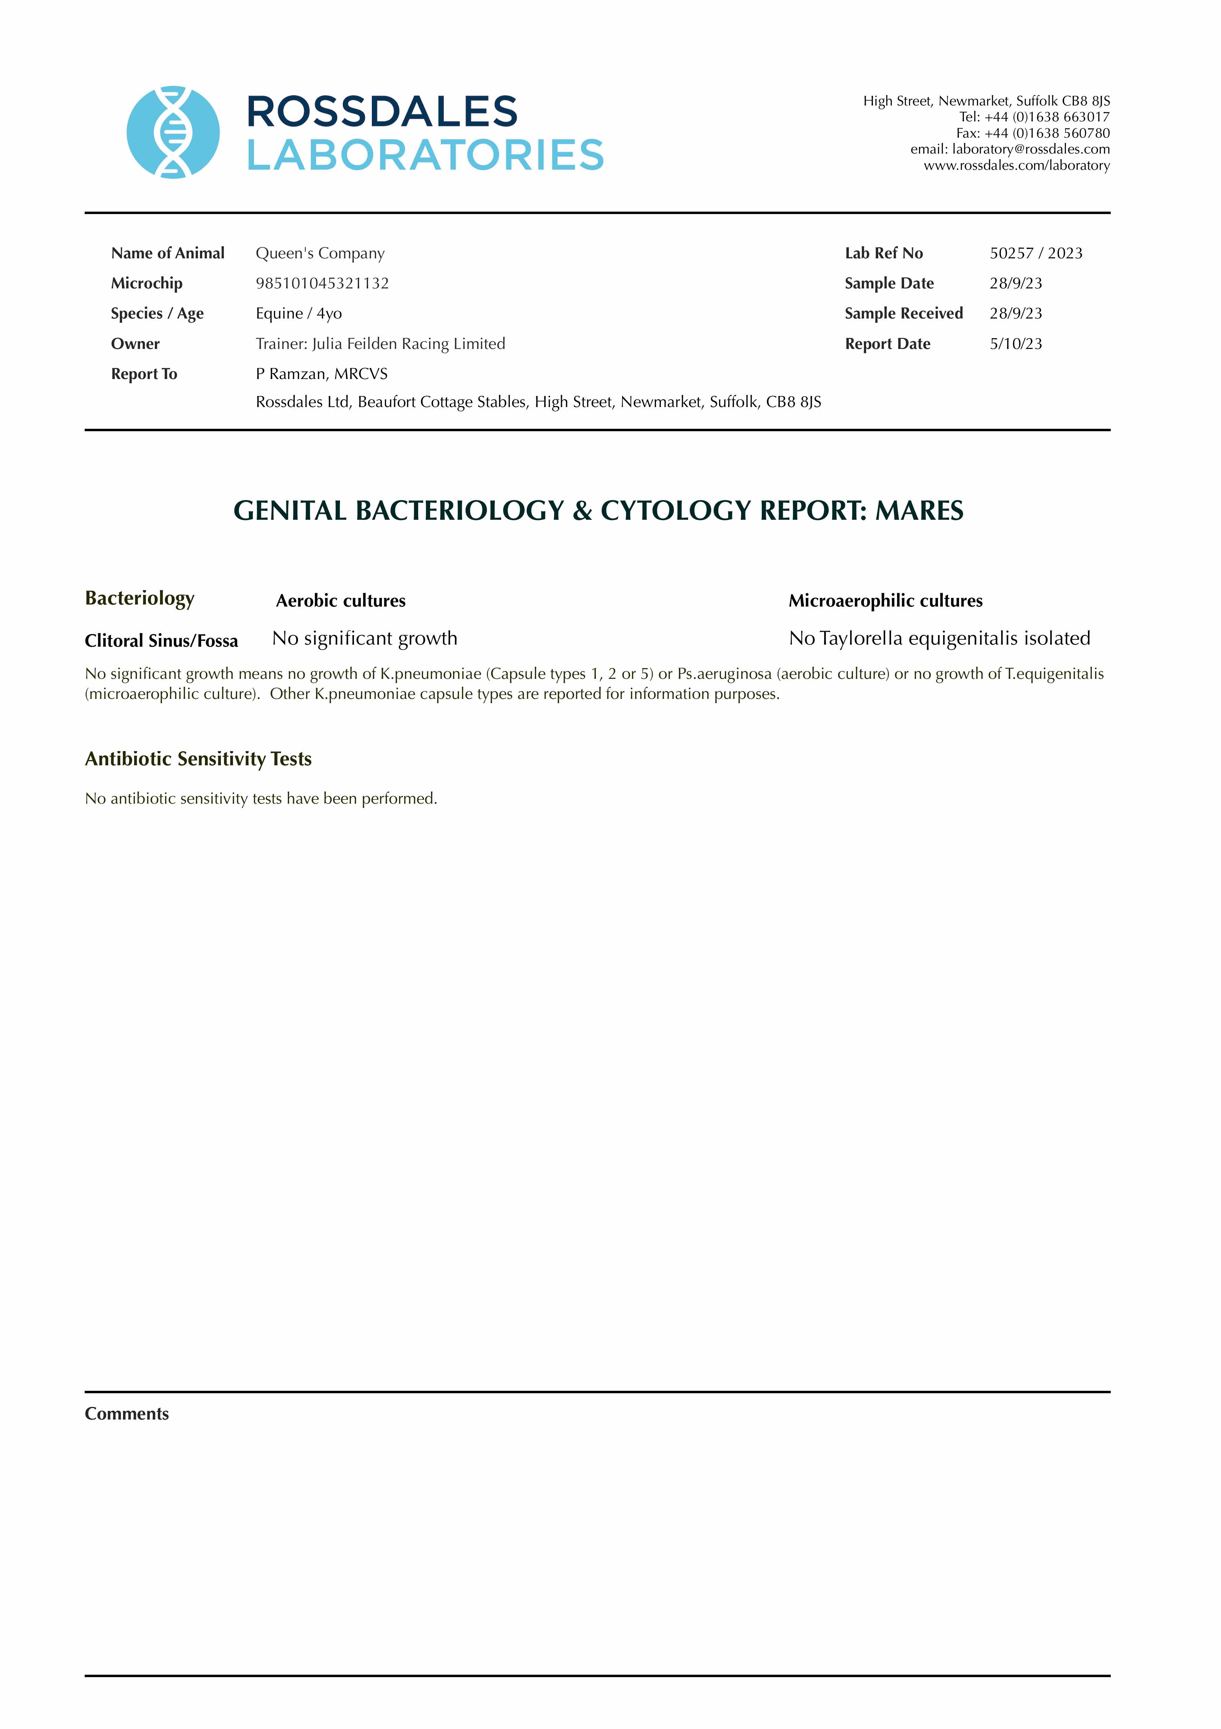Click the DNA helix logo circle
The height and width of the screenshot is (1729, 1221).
(x=173, y=132)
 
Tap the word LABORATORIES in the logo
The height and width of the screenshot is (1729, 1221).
(x=425, y=155)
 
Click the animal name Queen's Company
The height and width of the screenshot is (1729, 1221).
(x=320, y=253)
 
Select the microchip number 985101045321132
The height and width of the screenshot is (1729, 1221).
(x=322, y=283)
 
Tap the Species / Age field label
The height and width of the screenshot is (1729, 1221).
(x=157, y=313)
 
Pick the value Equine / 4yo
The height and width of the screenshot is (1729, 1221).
(x=299, y=313)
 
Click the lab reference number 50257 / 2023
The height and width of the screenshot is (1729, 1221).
(x=1036, y=253)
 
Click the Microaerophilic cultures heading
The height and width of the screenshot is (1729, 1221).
(x=885, y=601)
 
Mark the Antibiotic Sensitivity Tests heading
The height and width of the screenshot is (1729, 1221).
(x=198, y=759)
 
